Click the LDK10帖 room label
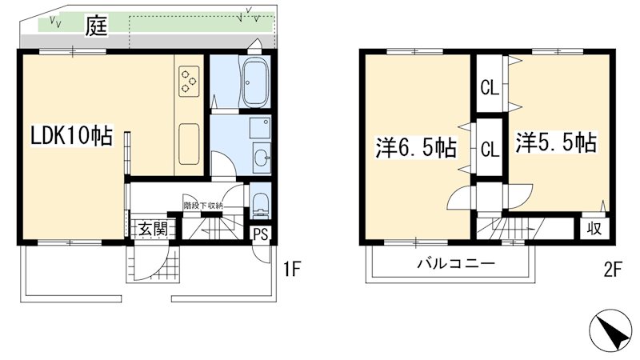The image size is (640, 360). click(70, 137)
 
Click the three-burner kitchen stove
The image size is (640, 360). click(189, 78)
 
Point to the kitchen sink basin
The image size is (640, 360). click(189, 142)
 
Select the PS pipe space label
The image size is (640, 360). click(261, 234)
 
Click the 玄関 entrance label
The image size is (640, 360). click(153, 229)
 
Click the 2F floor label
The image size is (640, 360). click(612, 268)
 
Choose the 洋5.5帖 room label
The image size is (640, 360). click(555, 144)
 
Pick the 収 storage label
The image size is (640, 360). click(595, 227)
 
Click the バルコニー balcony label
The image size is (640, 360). click(455, 264)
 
